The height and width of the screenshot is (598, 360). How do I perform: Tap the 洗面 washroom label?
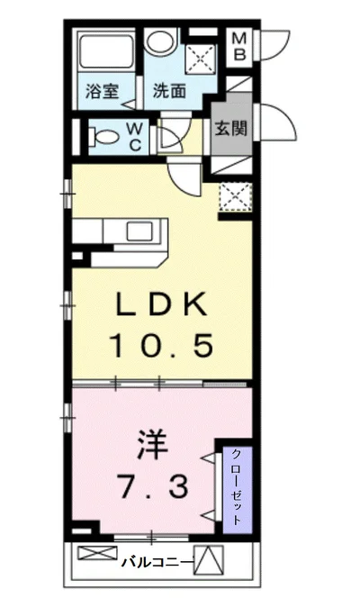tap(168, 91)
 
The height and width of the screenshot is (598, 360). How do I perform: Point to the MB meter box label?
tap(239, 47)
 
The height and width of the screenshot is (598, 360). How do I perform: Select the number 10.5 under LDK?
tap(164, 344)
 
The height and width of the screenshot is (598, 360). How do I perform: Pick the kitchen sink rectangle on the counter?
tap(140, 231)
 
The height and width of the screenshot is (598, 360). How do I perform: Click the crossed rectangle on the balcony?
tap(92, 554)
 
